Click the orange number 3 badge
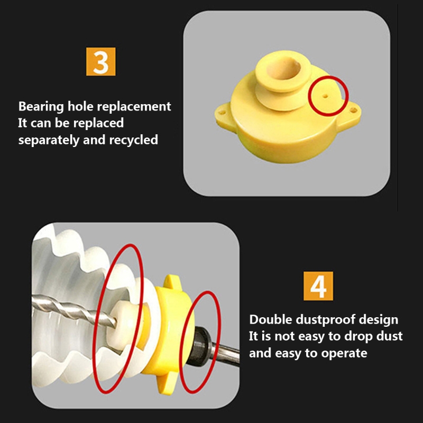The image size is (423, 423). point(100,61)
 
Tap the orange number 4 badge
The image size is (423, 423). point(318,286)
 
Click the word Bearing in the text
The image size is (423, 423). point(41,107)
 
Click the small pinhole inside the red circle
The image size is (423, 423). point(325,96)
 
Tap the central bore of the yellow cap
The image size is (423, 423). point(283,70)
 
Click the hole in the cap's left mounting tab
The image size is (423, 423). point(222,112)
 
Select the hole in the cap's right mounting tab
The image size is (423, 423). point(353,110)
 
